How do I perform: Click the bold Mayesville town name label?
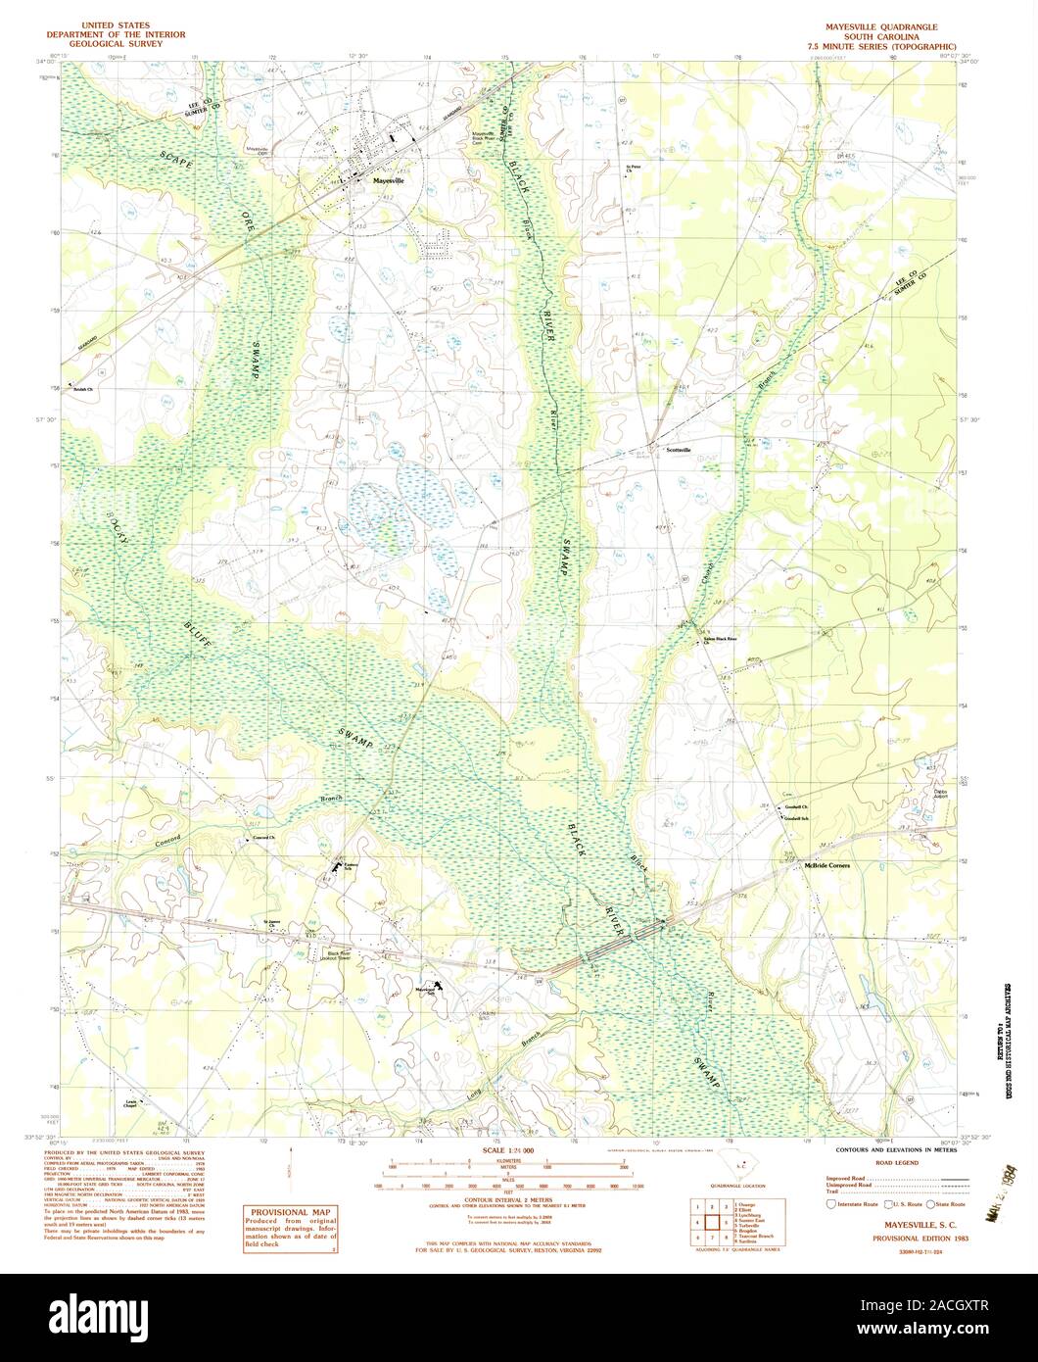pos(389,182)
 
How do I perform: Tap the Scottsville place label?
pos(678,450)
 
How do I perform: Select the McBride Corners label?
pos(826,866)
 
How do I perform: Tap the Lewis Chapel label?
pos(130,1103)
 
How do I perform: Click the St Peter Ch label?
pos(635,169)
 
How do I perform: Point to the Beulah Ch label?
pos(82,390)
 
